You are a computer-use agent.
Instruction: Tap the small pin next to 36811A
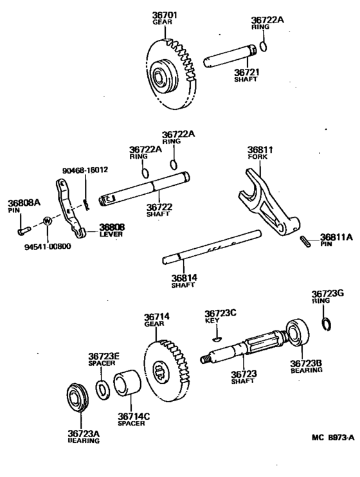[x=305, y=240]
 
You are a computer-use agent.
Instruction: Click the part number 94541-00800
[x=32, y=246]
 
